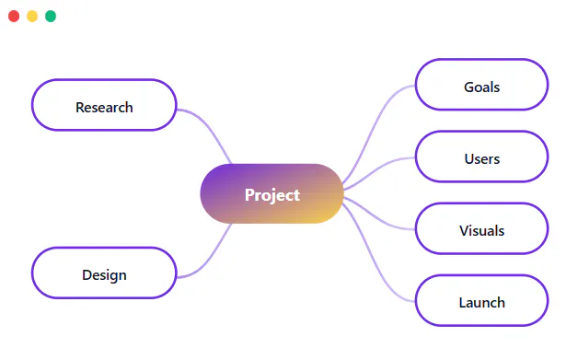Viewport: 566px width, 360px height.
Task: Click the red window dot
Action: point(14,17)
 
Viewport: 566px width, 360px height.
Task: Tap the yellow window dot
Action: point(32,17)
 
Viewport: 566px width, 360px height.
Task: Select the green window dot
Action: point(51,17)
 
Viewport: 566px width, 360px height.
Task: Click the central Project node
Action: point(271,193)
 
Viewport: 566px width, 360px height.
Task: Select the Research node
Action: point(104,105)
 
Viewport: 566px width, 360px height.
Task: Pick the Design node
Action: point(104,273)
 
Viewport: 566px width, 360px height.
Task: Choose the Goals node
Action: point(482,85)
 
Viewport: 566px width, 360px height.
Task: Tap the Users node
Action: point(482,157)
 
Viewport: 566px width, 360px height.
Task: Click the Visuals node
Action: point(482,228)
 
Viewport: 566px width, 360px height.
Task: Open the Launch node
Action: point(482,300)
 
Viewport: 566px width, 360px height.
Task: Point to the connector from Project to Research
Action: point(207,125)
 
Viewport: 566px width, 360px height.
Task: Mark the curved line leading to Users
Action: point(378,168)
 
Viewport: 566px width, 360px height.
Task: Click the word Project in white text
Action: point(272,195)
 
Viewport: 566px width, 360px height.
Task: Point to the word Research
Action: point(104,107)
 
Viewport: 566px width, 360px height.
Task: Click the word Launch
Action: point(482,303)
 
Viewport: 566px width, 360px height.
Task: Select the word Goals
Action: point(482,87)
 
